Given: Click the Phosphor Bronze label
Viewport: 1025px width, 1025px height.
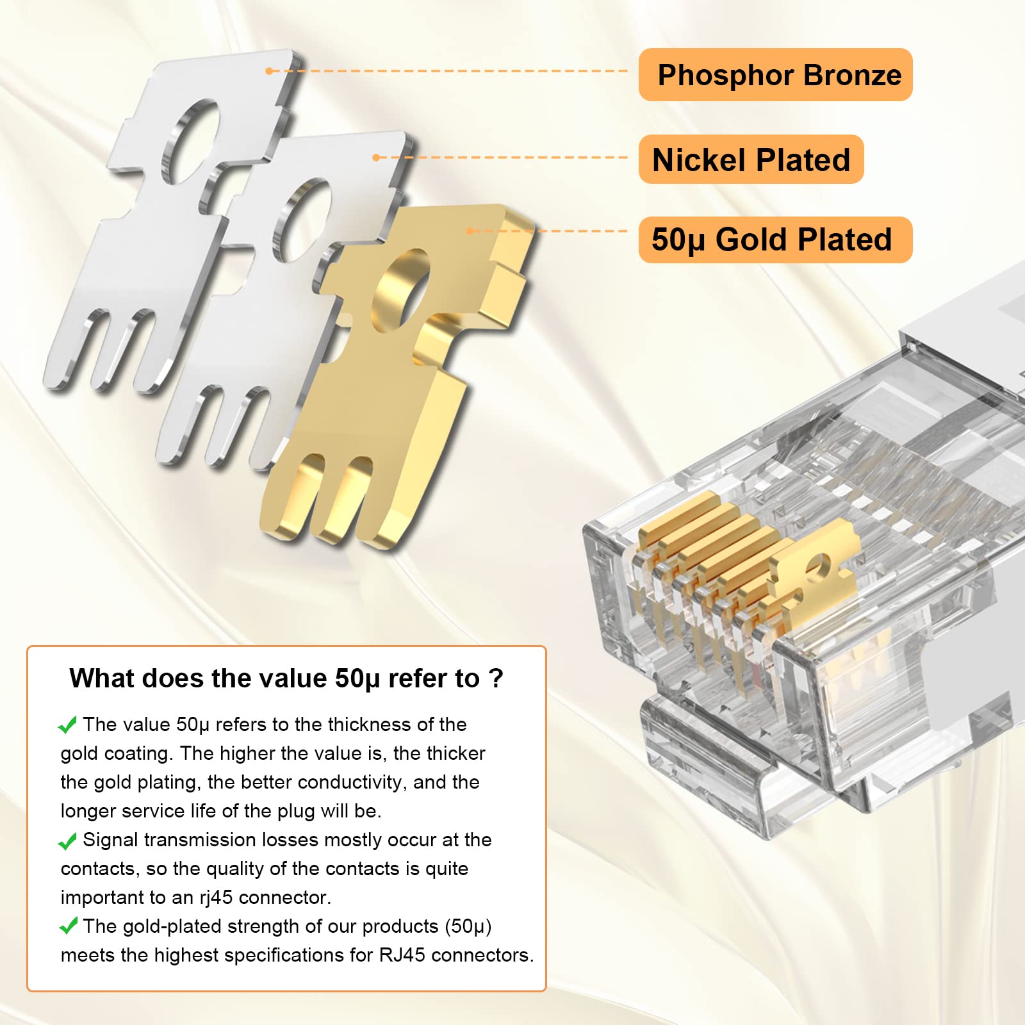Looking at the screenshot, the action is coord(775,75).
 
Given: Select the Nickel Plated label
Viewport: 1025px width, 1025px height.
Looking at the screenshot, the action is coord(751,160).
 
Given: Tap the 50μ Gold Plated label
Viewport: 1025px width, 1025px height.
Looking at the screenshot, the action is coord(772,240).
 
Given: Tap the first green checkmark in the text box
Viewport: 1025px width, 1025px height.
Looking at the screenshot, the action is coord(68,725).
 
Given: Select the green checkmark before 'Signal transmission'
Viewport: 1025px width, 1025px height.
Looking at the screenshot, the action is coord(68,840).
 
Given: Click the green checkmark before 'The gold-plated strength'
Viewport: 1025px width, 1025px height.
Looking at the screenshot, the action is coord(68,926).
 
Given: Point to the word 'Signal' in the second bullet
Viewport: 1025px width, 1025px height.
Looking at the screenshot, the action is coord(110,840).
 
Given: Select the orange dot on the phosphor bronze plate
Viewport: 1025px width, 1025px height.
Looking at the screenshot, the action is coord(270,70).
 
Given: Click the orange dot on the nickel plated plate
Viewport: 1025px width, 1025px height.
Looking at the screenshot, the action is coord(377,157).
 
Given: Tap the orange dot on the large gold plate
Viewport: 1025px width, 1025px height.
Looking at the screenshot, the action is coord(470,231).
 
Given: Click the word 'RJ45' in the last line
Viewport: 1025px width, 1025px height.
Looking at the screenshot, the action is coord(402,955).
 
